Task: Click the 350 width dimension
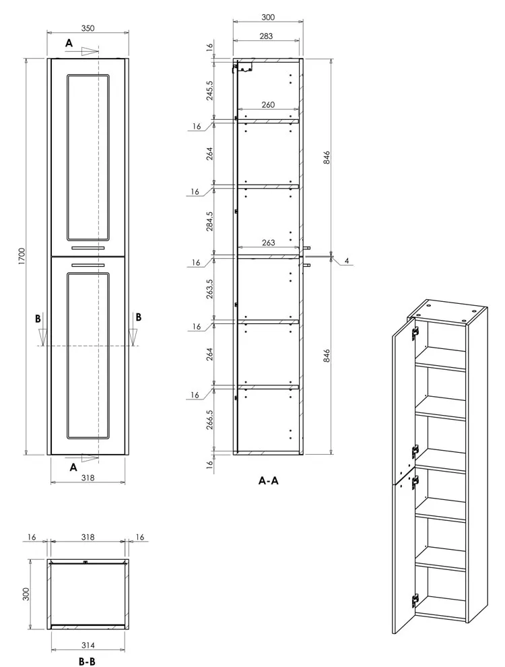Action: [x=88, y=28]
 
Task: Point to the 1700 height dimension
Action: [x=22, y=256]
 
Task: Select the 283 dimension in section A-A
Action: [x=266, y=36]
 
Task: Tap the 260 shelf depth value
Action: [x=268, y=104]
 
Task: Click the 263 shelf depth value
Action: [x=268, y=243]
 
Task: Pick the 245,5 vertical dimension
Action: [x=209, y=90]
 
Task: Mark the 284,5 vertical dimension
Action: [x=209, y=221]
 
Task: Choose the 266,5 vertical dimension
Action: [x=209, y=420]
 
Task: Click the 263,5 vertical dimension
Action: [x=209, y=289]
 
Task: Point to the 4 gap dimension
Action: [x=347, y=261]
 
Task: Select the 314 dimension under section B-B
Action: [x=88, y=645]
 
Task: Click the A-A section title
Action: [x=269, y=480]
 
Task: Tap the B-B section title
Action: [x=87, y=662]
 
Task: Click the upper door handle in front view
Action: [x=88, y=247]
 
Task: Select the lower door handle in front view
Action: [x=88, y=265]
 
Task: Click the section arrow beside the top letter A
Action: [x=90, y=51]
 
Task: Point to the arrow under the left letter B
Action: [x=42, y=336]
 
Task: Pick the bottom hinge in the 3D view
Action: [x=415, y=600]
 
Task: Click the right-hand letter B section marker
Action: [x=139, y=317]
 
